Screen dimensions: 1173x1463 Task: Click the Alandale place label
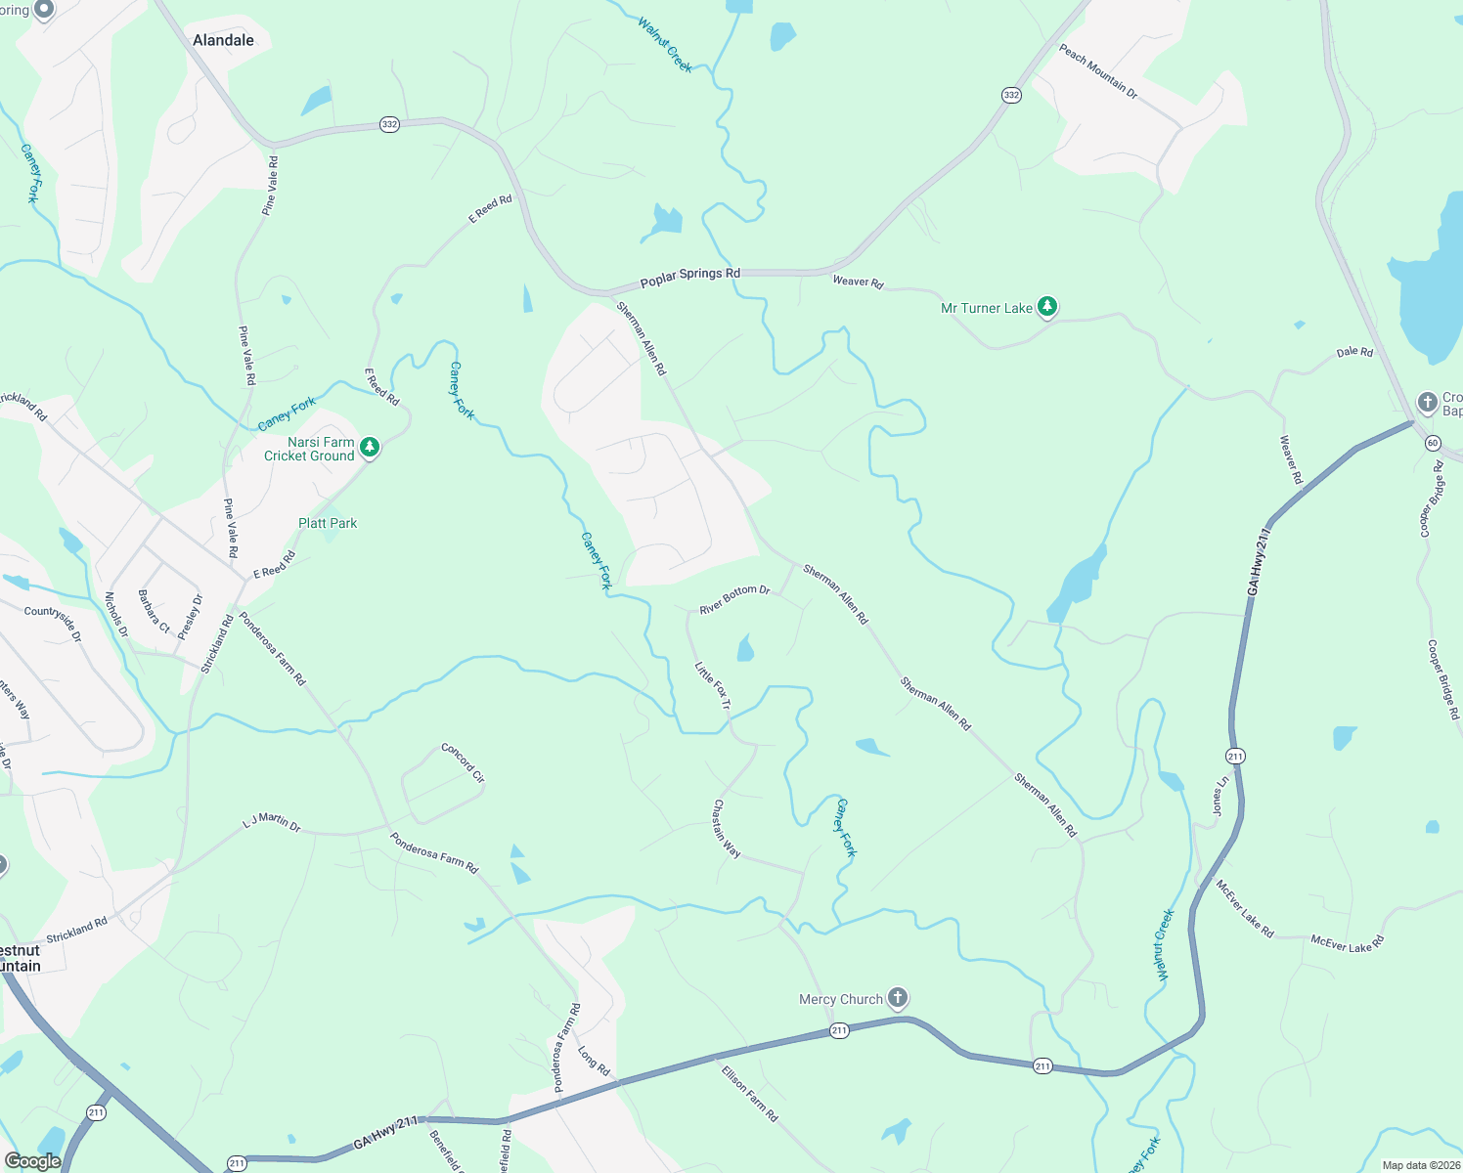click(x=223, y=40)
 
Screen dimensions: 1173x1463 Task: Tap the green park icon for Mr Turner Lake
click(x=1047, y=308)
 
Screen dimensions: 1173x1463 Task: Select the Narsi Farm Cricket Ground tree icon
click(x=370, y=448)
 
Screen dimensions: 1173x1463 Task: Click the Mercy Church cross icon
click(x=898, y=998)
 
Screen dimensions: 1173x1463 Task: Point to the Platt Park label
click(x=328, y=523)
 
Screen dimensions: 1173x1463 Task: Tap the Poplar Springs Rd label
click(x=689, y=278)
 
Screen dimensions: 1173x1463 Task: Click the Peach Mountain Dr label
click(x=1098, y=71)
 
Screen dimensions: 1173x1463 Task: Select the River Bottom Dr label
click(x=734, y=599)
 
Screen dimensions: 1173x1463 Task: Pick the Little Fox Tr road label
click(x=712, y=685)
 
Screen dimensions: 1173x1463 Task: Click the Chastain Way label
click(x=727, y=829)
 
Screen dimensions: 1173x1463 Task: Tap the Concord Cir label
click(x=463, y=762)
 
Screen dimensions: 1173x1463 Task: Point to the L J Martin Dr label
click(x=272, y=822)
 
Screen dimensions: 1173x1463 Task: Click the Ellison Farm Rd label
click(x=750, y=1094)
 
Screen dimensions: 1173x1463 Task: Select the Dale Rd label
click(x=1354, y=352)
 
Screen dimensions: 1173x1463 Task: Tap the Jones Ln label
click(x=1219, y=797)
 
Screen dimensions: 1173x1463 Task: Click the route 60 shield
click(x=1433, y=443)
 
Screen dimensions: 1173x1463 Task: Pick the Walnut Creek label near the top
click(x=665, y=44)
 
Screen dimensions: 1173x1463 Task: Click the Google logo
click(x=32, y=1161)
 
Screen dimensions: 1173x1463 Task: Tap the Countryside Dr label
click(x=54, y=624)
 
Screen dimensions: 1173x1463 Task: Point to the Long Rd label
click(x=594, y=1062)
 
